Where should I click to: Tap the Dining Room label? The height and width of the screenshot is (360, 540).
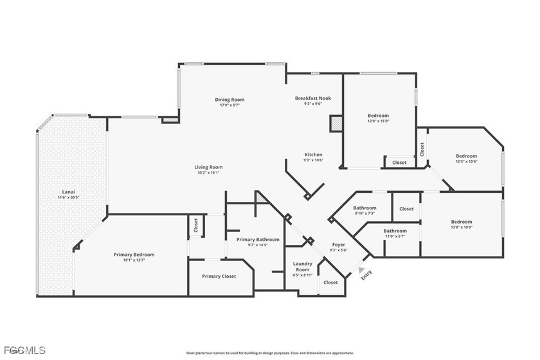tap(230, 100)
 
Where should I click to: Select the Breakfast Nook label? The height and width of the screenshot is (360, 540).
tap(312, 98)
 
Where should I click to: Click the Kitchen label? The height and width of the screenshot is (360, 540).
tap(313, 154)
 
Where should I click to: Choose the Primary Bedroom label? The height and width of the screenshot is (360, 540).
tap(134, 255)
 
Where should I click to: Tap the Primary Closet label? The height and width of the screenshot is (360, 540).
tap(219, 276)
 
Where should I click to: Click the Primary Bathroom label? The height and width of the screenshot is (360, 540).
tap(258, 239)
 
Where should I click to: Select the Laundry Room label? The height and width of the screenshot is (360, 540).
tap(302, 266)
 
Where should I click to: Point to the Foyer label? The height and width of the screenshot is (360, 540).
tap(338, 244)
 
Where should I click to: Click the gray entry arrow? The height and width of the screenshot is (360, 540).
tap(363, 269)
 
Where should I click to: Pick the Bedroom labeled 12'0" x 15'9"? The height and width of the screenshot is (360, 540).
tap(378, 116)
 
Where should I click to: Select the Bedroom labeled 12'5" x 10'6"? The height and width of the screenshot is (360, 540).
tap(466, 156)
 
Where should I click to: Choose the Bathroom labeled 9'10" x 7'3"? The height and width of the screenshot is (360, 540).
tap(364, 208)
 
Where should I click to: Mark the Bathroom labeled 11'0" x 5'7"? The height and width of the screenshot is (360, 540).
tap(395, 231)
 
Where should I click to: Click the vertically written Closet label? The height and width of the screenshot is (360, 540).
tap(422, 150)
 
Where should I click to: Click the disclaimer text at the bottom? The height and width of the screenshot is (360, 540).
tap(269, 353)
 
